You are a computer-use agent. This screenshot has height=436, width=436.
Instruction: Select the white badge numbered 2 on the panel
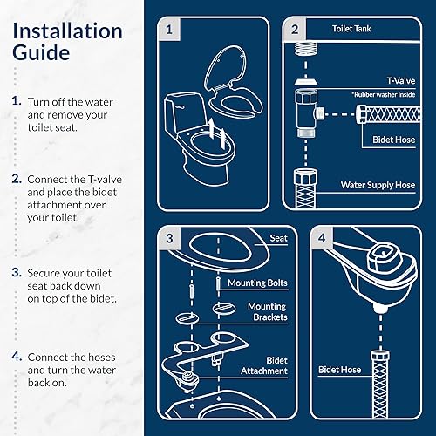295,29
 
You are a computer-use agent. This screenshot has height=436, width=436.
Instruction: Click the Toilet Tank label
354,28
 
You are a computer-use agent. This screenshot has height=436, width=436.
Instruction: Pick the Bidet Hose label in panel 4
342,370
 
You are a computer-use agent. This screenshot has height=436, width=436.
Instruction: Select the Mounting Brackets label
266,312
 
